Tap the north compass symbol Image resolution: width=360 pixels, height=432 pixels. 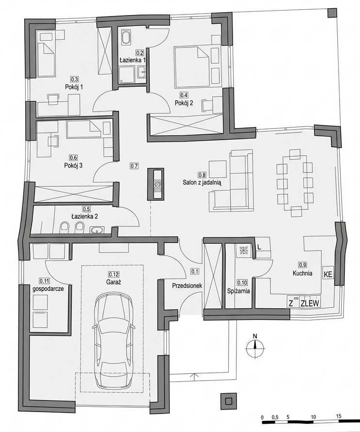[x=255, y=349]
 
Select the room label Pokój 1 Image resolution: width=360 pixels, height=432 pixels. [x=74, y=87]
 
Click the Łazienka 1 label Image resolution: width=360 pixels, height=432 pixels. [x=132, y=60]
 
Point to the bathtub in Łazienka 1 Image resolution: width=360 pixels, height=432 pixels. [x=126, y=37]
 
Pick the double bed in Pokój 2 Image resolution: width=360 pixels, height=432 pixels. [x=191, y=65]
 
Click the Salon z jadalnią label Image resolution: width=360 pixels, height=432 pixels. [x=202, y=182]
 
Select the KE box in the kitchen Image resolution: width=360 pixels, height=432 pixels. [x=328, y=275]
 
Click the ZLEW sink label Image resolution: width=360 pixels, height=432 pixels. [x=310, y=304]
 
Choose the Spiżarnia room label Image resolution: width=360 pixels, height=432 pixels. [x=238, y=291]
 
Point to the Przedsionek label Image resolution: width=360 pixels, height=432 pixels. [x=187, y=286]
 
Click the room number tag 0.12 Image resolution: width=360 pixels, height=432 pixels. [x=113, y=274]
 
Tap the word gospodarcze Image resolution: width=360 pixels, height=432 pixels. [x=48, y=289]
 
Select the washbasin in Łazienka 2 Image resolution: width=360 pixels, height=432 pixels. [x=97, y=229]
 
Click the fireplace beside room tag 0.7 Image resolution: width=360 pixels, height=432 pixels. [x=157, y=184]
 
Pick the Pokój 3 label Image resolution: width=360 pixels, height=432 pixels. [x=73, y=166]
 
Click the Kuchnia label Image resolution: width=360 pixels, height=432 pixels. [x=302, y=273]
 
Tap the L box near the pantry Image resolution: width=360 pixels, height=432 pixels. [x=259, y=247]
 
